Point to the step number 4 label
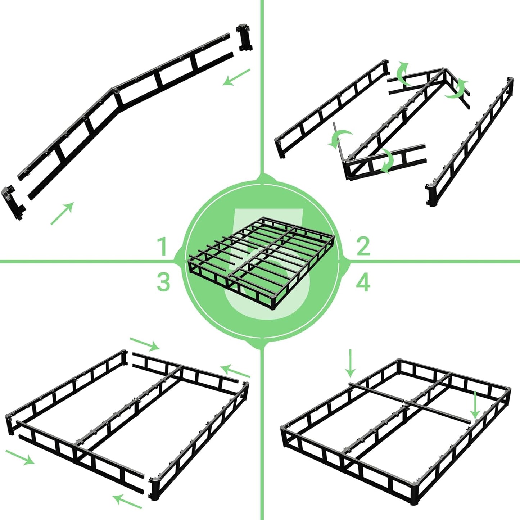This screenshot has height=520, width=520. tap(363, 282)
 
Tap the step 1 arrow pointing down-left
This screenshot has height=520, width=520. tap(236, 77)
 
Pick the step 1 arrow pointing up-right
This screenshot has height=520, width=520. tap(62, 213)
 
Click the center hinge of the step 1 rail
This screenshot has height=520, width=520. tap(115, 90)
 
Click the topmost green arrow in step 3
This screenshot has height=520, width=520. tap(145, 344)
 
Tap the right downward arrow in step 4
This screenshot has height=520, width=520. tap(476, 405)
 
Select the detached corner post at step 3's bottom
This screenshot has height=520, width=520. tap(154, 489)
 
